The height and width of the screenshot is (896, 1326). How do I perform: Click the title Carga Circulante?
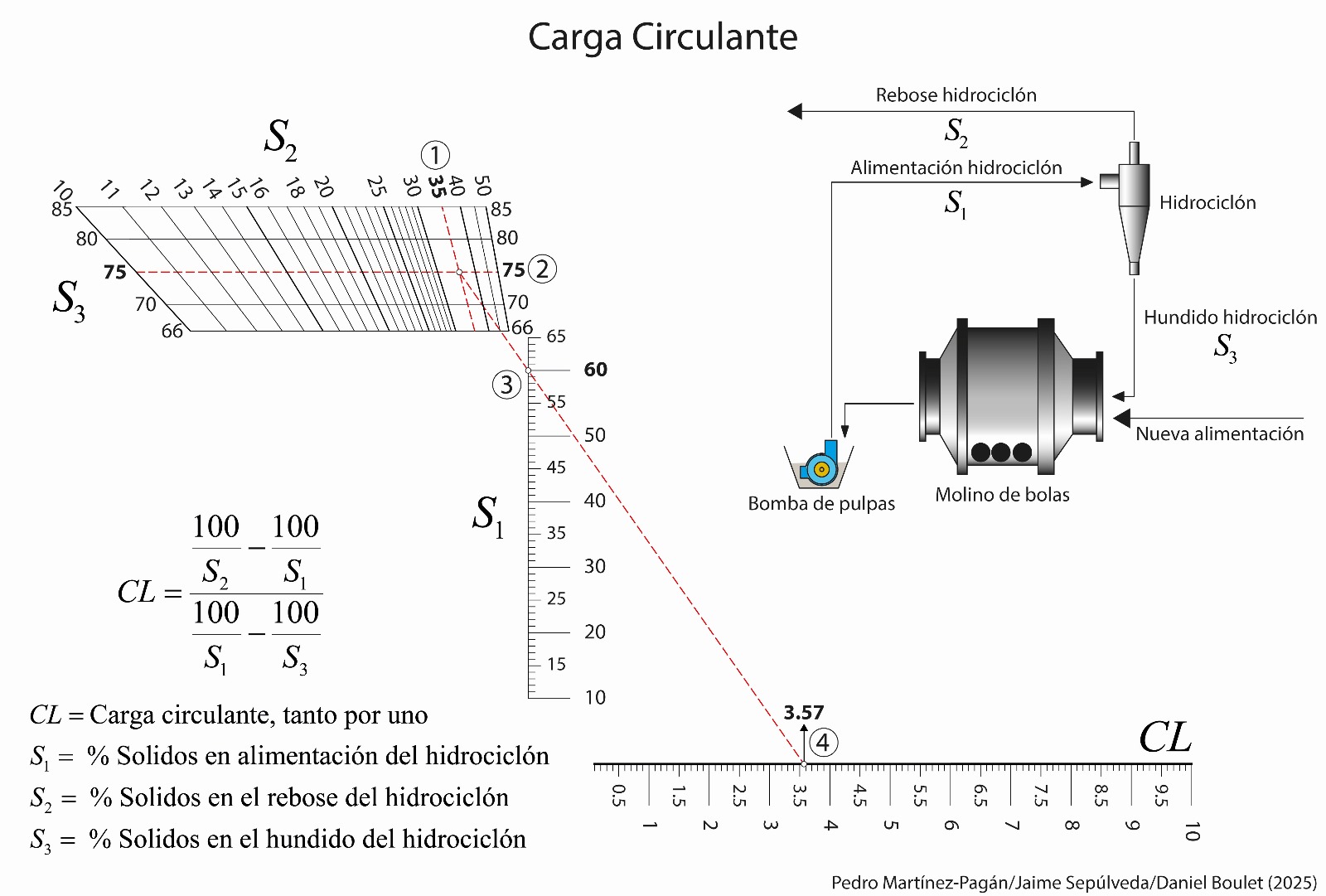coord(662,37)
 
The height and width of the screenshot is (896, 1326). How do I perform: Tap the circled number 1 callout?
coord(435,155)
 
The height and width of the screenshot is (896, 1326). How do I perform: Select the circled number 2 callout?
coord(543,269)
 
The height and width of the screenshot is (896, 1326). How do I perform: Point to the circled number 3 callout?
coord(506,385)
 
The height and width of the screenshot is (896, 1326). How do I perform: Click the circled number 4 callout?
coord(822,742)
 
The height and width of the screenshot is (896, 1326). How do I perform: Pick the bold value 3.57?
coord(803,713)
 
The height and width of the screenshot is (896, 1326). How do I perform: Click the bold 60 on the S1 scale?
coord(595,370)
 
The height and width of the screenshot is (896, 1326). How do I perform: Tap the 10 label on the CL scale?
coord(1192,831)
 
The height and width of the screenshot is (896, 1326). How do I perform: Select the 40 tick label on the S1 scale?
coord(594,501)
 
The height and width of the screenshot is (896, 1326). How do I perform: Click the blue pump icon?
coord(821,466)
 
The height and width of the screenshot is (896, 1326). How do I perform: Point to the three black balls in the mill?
coord(1001,452)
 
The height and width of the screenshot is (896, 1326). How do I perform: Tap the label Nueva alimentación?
coord(1219,433)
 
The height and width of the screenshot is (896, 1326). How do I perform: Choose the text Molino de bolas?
coord(1002,495)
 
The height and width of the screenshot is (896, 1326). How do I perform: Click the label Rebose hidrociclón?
coord(956,95)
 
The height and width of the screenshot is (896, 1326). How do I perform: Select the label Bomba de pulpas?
coord(821,504)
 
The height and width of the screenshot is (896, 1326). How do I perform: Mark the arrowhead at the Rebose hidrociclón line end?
coord(794,111)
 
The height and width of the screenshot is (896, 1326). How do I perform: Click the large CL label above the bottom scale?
coord(1164,737)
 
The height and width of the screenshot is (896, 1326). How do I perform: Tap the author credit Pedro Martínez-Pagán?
coord(920,883)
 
